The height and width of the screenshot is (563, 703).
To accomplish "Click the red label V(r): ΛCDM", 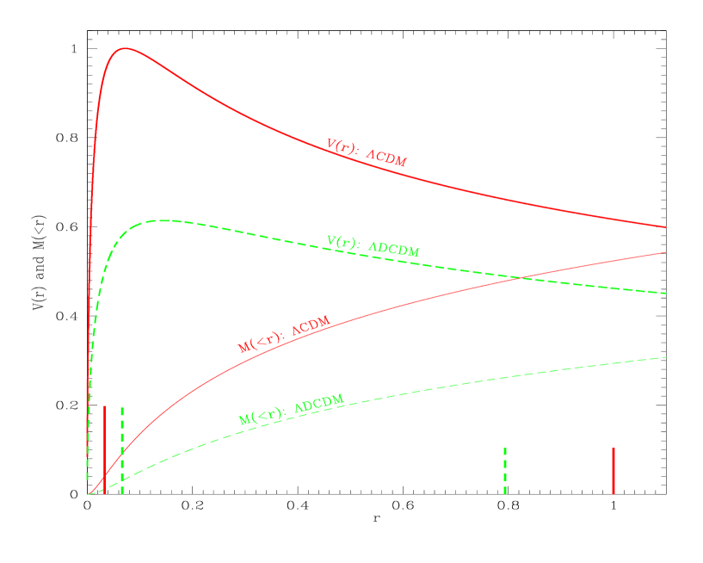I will coord(367,152).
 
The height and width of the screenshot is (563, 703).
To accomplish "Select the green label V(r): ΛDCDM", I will coord(373,246).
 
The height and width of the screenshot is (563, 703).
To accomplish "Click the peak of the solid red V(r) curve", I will coord(126,48).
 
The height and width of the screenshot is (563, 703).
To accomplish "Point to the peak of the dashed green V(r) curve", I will coord(159,220).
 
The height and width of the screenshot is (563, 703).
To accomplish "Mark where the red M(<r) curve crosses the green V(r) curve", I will coord(520,277).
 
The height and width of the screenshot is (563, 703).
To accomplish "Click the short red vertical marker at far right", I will coord(614,470).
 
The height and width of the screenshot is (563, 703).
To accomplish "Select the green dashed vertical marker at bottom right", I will coord(505,470).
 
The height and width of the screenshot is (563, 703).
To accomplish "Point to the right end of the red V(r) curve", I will coord(666,227).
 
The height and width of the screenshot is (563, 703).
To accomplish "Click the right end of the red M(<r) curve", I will coord(666,252).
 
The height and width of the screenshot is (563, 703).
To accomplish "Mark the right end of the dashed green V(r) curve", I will coord(666,294).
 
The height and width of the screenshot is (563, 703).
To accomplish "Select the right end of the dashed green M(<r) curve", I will coord(666,356).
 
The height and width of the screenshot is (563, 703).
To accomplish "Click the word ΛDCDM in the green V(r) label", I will coord(394,250).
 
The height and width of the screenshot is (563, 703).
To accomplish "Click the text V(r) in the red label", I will coord(341,145).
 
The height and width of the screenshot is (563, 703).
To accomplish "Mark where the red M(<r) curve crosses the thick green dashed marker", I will coord(122,450).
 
